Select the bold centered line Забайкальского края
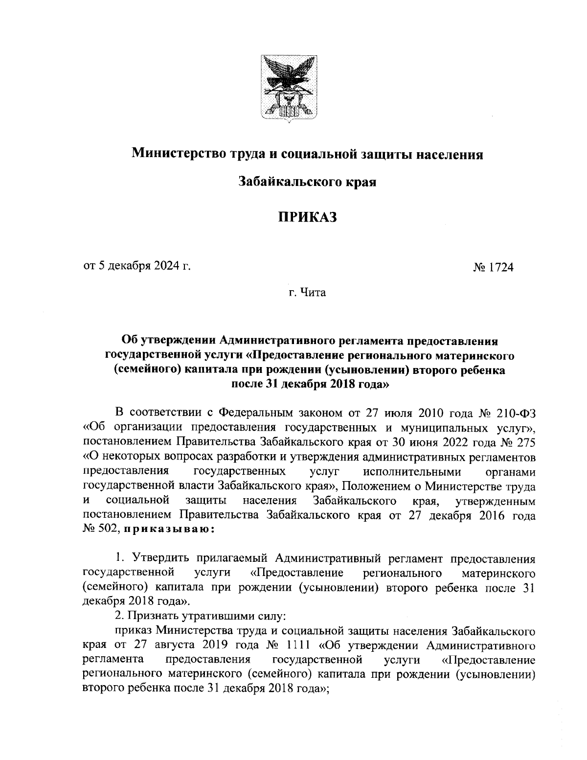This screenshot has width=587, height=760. point(307,183)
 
